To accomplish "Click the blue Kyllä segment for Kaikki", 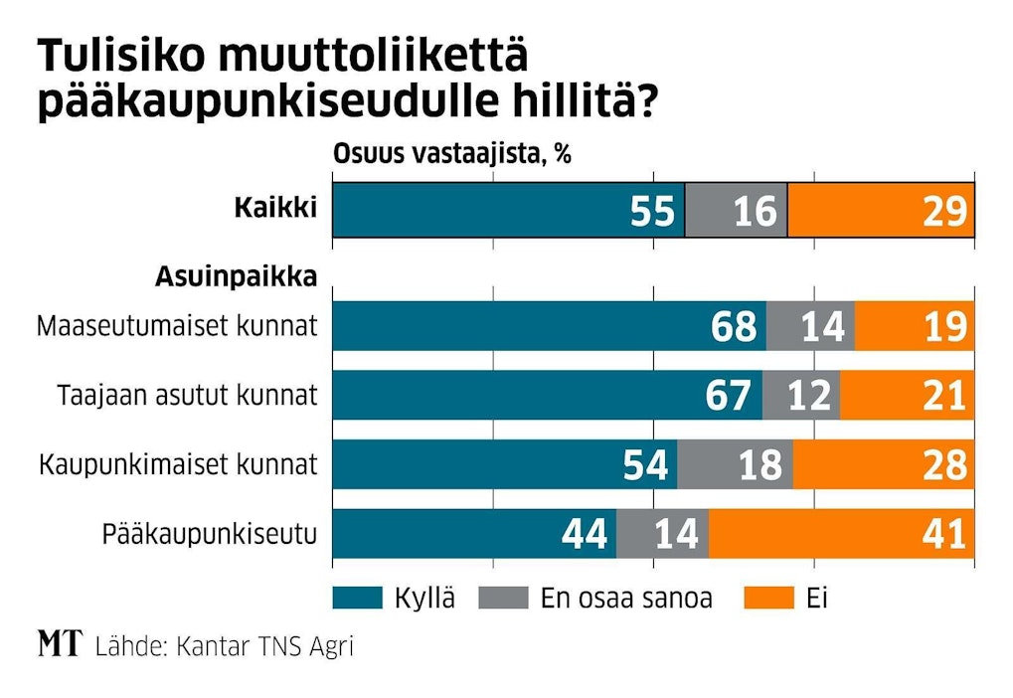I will click(x=507, y=211).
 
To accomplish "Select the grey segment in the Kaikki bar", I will click(x=736, y=211).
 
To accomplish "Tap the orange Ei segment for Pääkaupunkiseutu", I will click(x=841, y=535).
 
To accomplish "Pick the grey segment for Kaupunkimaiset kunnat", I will click(x=735, y=464).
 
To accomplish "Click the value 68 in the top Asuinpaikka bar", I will click(x=734, y=326).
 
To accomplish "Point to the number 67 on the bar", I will click(x=729, y=396).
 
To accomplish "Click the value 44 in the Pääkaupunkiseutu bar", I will click(x=584, y=535).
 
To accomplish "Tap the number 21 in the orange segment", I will click(x=942, y=396).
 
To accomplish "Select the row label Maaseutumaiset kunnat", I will click(x=177, y=326).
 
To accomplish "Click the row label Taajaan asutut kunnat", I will click(x=186, y=396).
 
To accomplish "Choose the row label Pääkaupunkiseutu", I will click(x=210, y=535).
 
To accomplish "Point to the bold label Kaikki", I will click(x=274, y=209).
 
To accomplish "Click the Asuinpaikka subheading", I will click(x=236, y=277).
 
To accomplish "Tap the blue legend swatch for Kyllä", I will click(x=357, y=598).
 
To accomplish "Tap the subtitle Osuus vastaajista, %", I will click(x=451, y=155).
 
